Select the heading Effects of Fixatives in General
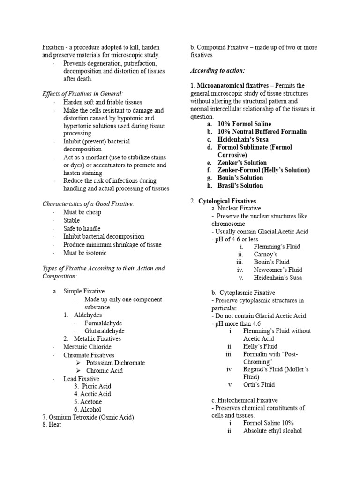click(83, 94)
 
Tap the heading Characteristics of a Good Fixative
click(88, 204)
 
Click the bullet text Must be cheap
click(82, 212)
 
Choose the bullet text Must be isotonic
click(85, 253)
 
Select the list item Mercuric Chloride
click(88, 347)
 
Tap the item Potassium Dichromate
click(115, 363)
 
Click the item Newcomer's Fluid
click(277, 270)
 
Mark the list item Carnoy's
click(265, 254)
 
